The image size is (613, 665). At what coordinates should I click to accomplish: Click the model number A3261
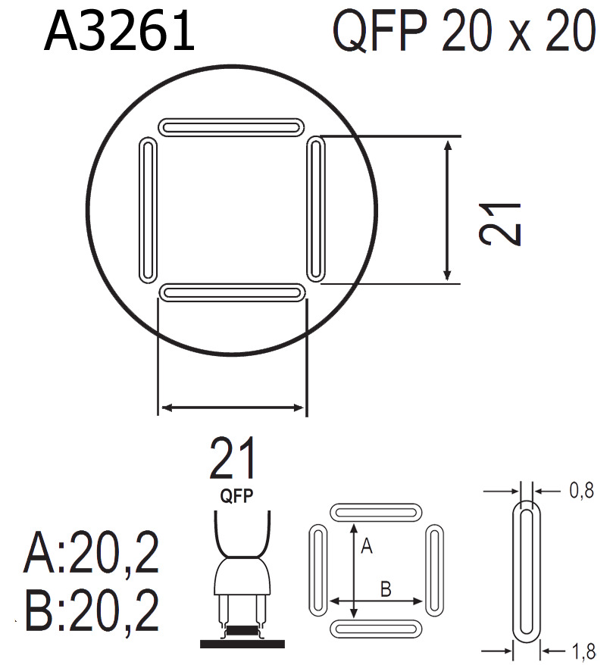(x=120, y=33)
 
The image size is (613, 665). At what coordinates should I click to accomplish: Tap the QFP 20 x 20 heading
(x=462, y=33)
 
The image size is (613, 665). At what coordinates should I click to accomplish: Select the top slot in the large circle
(x=231, y=125)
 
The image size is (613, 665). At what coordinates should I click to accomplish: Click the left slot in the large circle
(x=149, y=210)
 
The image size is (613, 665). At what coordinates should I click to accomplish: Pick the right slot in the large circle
(x=317, y=208)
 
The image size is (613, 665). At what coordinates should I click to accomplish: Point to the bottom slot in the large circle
(x=232, y=292)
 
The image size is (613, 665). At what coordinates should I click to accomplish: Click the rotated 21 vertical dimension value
(x=501, y=223)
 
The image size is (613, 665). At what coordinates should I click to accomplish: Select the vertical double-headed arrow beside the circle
(x=448, y=210)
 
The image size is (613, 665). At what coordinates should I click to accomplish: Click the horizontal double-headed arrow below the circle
(x=232, y=408)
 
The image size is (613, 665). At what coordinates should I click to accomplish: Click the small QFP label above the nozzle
(x=236, y=497)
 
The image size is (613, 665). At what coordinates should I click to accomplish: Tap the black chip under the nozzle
(x=242, y=630)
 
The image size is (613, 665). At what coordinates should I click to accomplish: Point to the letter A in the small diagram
(x=366, y=547)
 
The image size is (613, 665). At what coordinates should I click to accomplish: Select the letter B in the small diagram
(x=385, y=589)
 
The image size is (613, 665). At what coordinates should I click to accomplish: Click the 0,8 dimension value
(x=580, y=492)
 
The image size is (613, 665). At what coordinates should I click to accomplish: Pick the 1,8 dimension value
(x=580, y=649)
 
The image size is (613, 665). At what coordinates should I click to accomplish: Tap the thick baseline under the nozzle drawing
(x=242, y=643)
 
